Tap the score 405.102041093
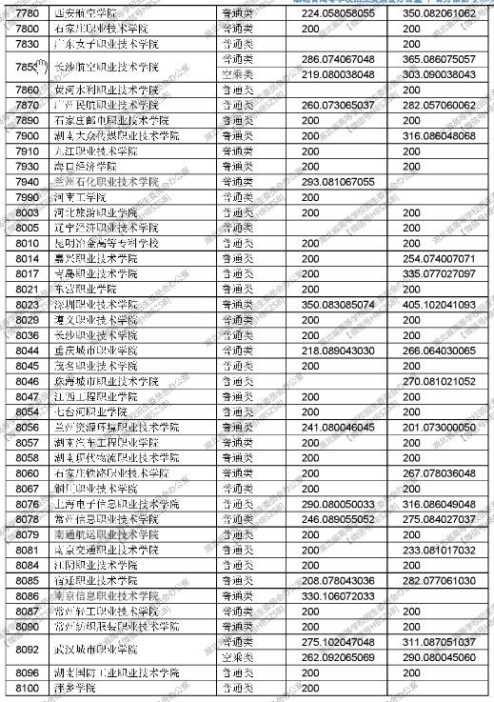[439, 304]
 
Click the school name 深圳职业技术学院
[94, 304]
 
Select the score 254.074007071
[439, 258]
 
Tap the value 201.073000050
[439, 427]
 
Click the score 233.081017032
[439, 550]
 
